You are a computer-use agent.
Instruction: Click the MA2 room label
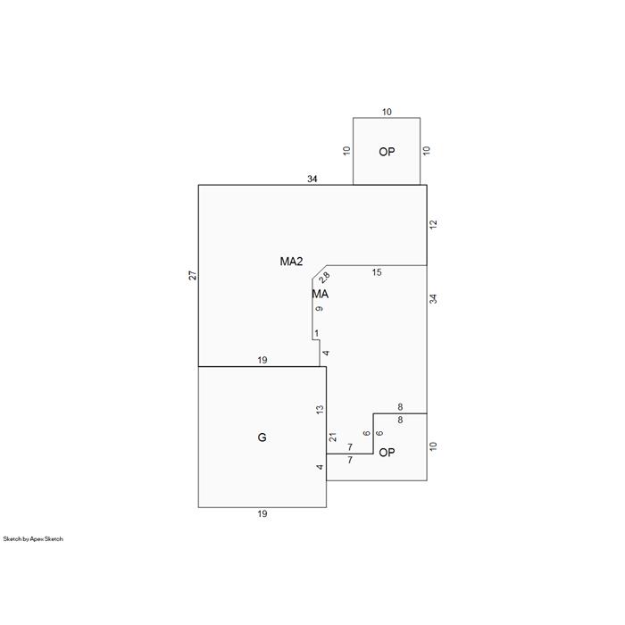(291, 262)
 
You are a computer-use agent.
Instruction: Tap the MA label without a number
(320, 294)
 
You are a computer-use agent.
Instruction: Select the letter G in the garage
(262, 437)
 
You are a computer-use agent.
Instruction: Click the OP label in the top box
(387, 152)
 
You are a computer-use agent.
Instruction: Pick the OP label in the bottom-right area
(387, 453)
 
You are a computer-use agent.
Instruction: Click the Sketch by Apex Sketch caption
(33, 539)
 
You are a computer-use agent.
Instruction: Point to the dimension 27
(193, 275)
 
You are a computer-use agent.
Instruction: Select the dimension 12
(433, 224)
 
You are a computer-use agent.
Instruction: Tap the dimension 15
(377, 272)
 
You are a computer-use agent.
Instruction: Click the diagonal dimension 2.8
(324, 278)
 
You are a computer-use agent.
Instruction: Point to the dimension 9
(320, 309)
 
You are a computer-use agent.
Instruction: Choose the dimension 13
(320, 409)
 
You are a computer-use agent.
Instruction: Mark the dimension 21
(333, 437)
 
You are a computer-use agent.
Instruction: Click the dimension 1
(316, 333)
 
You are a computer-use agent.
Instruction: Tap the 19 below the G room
(262, 513)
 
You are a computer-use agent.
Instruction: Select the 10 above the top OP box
(387, 112)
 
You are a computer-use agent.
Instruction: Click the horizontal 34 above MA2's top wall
(312, 179)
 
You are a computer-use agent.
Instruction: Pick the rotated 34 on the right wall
(433, 298)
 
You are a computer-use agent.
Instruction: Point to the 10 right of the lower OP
(433, 446)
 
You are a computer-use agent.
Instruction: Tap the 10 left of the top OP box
(346, 151)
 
